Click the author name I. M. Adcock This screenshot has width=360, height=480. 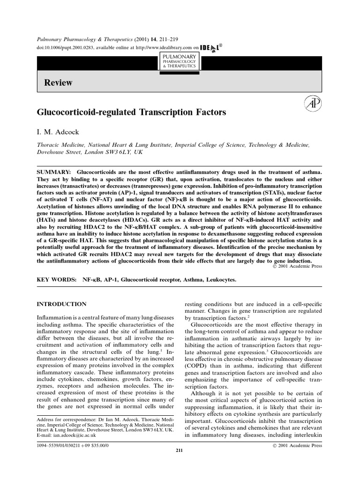[56, 129]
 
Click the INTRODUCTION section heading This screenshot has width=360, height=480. [61, 304]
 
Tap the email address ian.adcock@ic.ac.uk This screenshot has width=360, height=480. [72, 435]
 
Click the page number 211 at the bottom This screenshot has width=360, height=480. [180, 450]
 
